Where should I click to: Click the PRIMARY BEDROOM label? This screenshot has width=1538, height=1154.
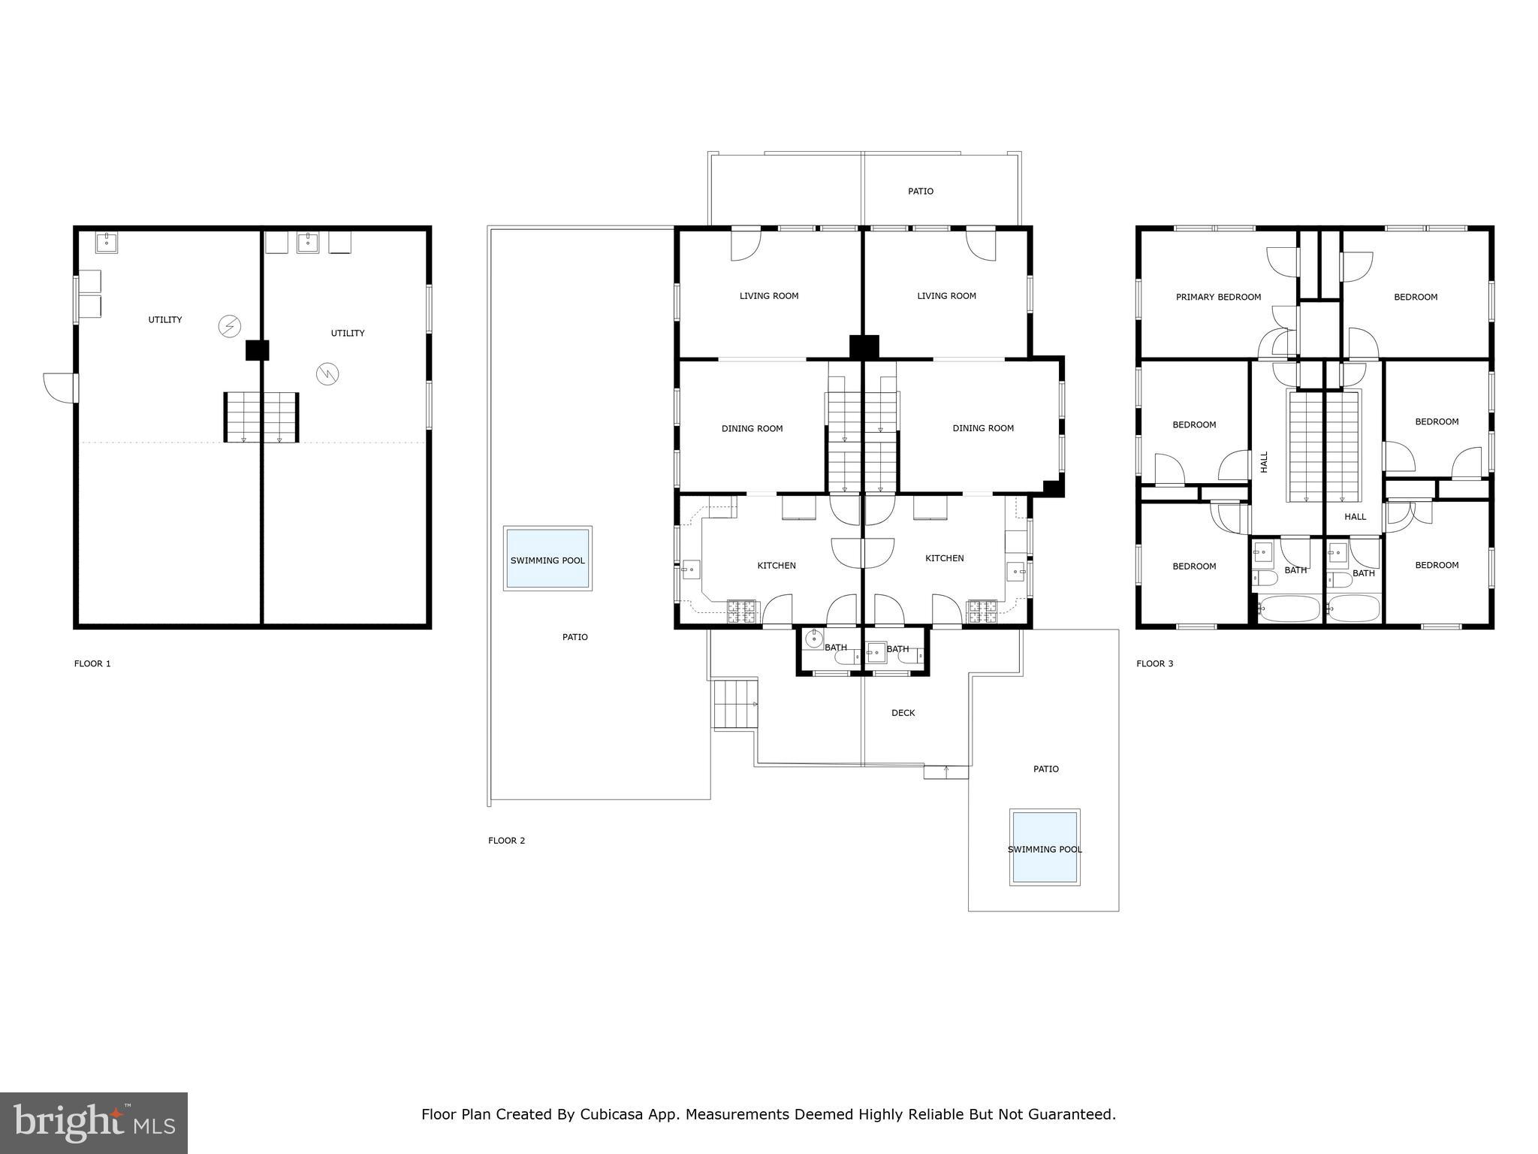tap(1218, 297)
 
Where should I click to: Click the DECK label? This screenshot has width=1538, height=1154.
tap(903, 713)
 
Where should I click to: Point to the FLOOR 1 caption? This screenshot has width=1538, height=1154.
tap(92, 663)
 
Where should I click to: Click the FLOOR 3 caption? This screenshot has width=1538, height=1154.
tap(1154, 663)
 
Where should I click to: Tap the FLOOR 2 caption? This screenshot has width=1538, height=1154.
tap(506, 840)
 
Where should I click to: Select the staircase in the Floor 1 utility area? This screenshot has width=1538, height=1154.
tap(261, 417)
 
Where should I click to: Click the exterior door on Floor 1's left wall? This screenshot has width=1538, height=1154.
tap(60, 387)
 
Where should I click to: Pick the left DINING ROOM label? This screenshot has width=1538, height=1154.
tap(752, 428)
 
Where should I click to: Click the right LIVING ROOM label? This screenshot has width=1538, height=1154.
tap(946, 296)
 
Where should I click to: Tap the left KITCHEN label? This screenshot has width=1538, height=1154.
tap(776, 565)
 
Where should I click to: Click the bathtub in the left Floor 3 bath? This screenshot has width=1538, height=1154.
tap(1288, 609)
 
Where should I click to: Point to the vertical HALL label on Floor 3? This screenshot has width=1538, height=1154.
tap(1264, 461)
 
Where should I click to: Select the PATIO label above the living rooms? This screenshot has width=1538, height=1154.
tap(920, 191)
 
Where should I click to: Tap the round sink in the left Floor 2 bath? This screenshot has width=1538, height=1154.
tap(813, 639)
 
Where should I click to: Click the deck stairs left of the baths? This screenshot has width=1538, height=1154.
tap(735, 704)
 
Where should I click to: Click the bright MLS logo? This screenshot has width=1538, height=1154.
tap(94, 1122)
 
